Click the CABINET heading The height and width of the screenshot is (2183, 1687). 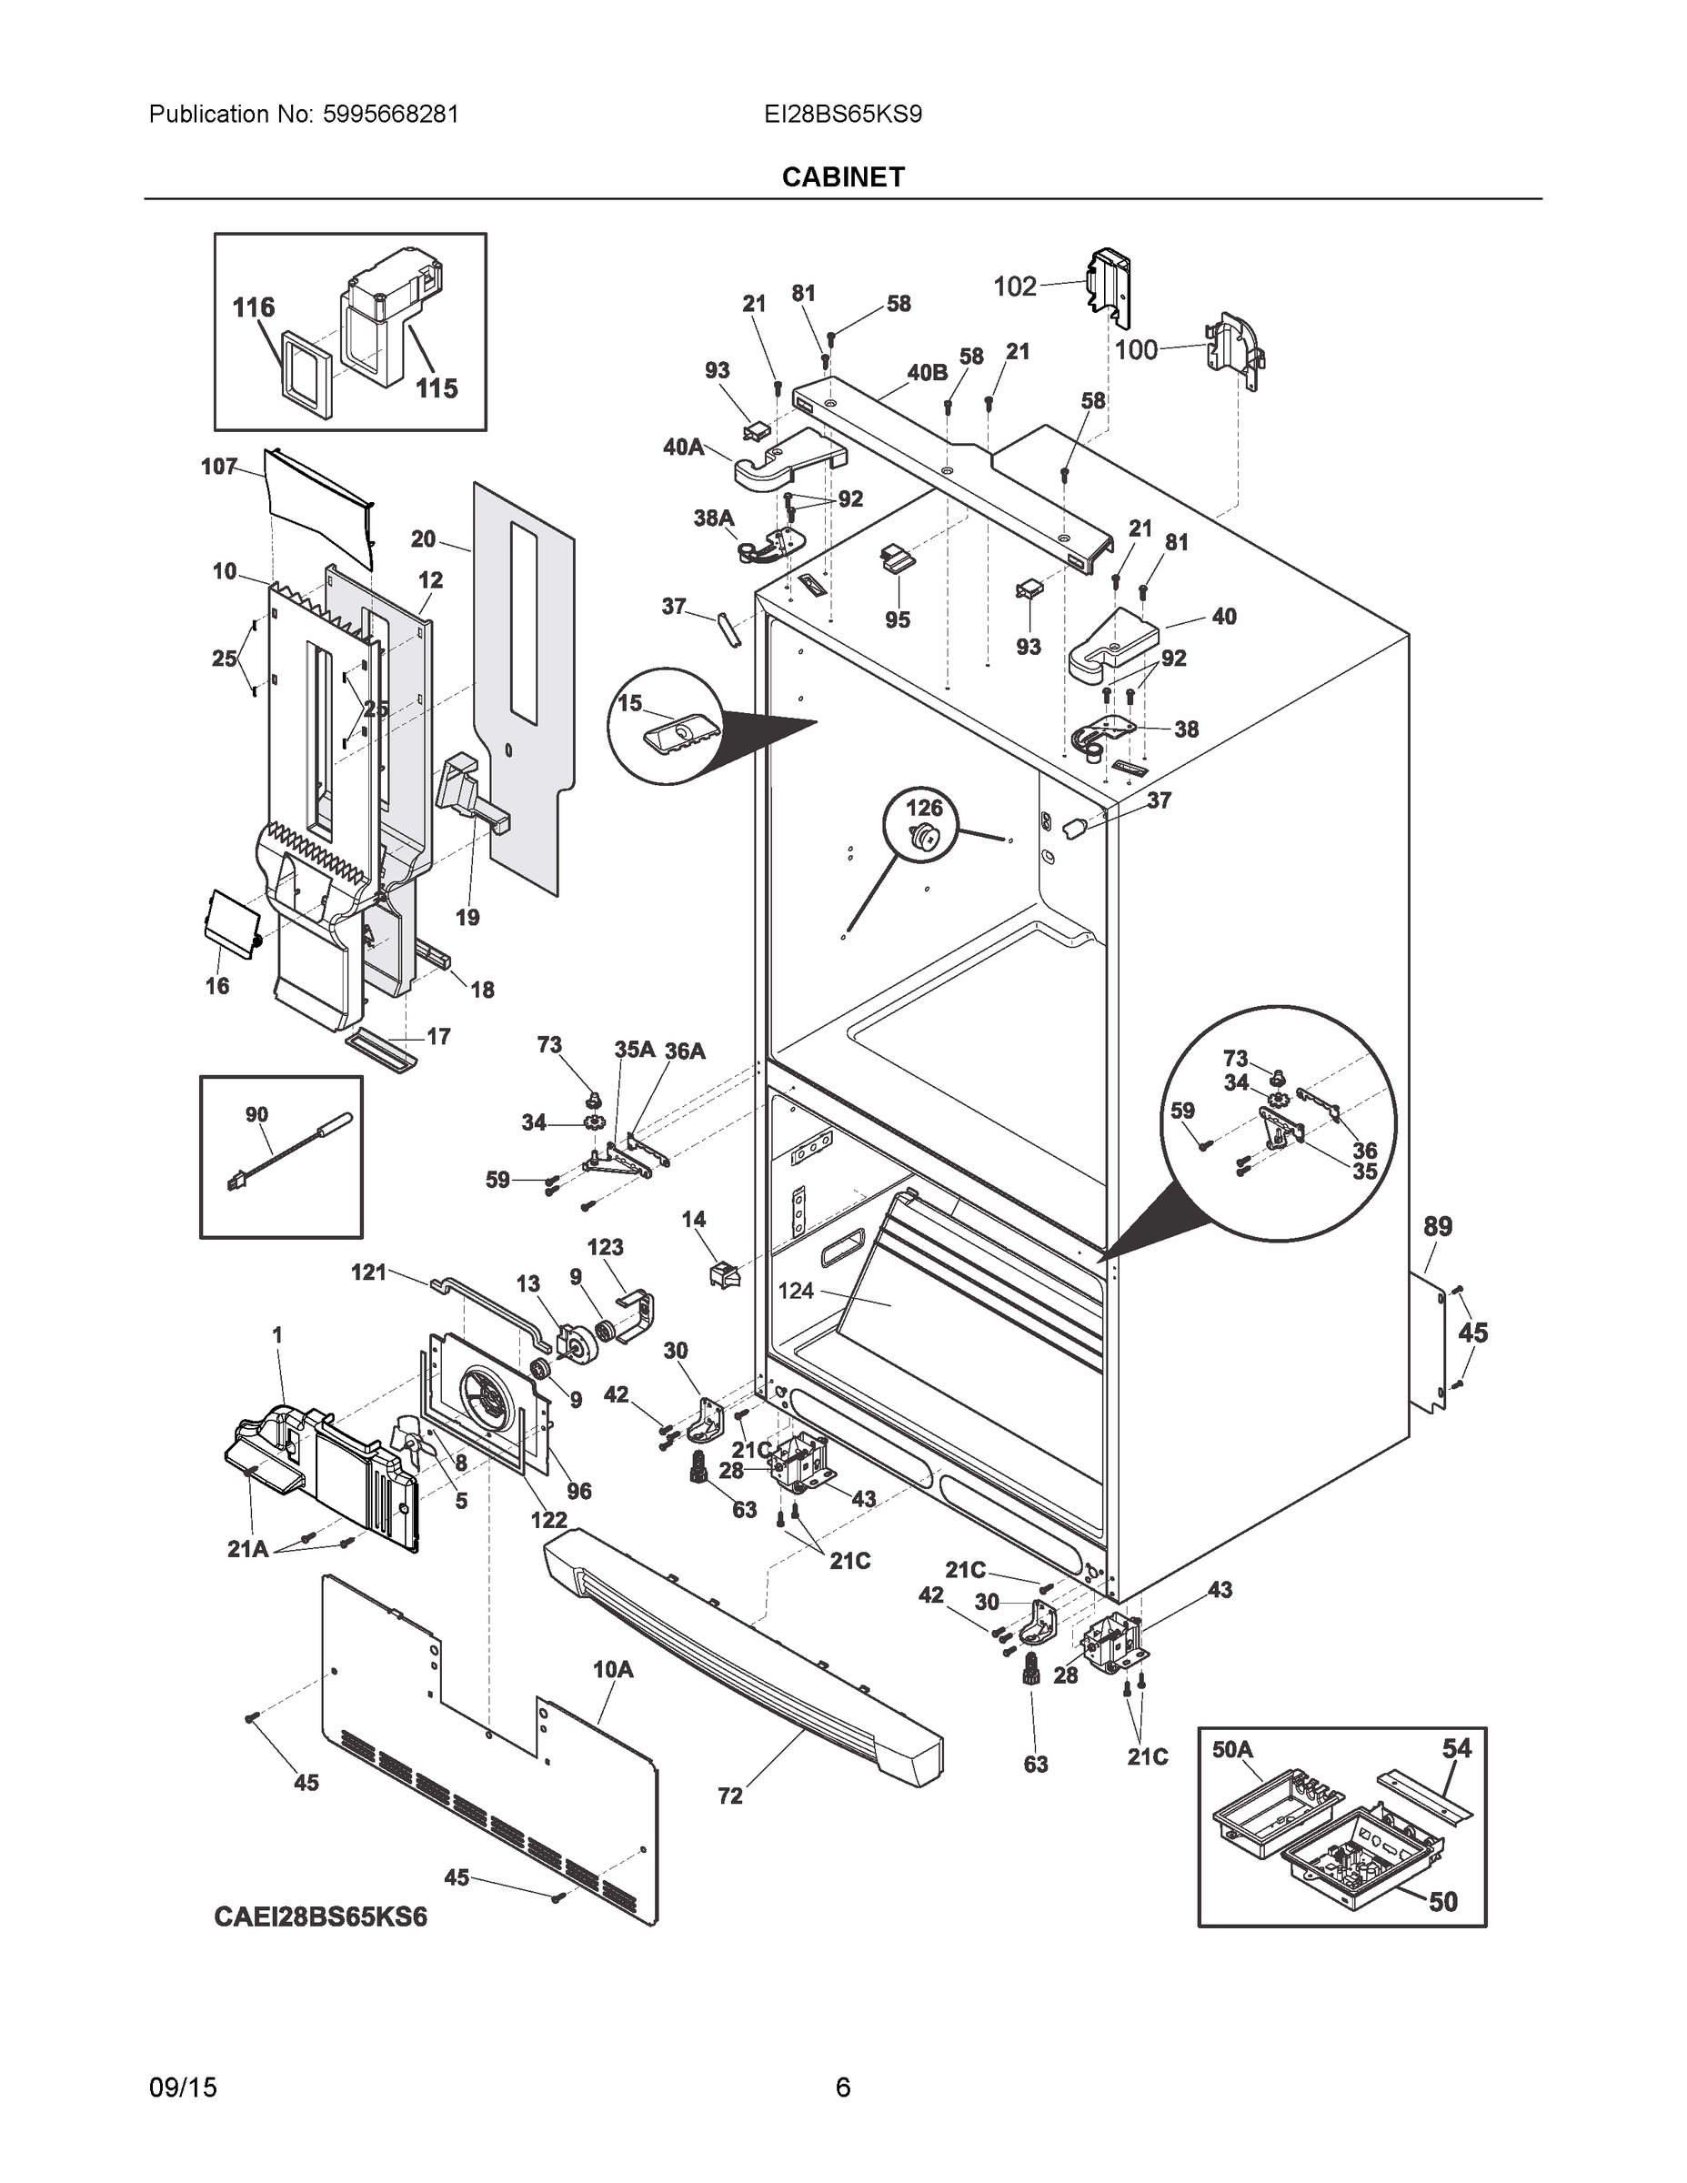[842, 177]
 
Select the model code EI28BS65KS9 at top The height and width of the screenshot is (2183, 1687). [842, 114]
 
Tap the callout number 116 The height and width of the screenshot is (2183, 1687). [253, 307]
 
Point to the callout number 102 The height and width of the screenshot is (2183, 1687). [1014, 287]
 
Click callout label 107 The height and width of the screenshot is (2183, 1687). [219, 466]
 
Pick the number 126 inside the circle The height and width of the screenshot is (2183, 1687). [923, 807]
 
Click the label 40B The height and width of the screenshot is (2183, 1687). [928, 373]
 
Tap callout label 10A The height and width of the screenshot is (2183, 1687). [613, 1669]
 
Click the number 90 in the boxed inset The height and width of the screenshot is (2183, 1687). [256, 1114]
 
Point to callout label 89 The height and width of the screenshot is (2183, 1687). [1437, 1226]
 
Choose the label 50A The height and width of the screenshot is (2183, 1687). [1232, 1749]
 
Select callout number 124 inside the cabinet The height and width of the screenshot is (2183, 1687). [796, 1291]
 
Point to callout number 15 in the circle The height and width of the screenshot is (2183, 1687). [628, 704]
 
